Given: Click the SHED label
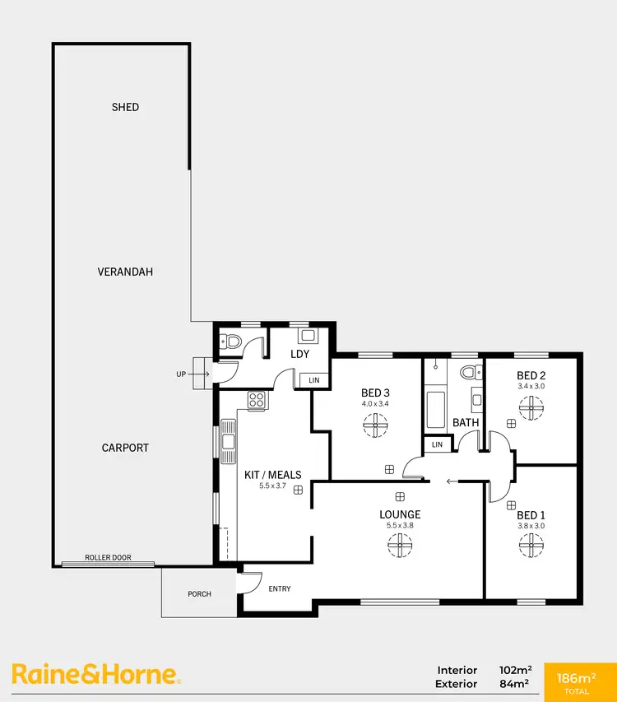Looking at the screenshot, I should click(125, 107).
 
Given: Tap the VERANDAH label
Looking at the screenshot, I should click(125, 272).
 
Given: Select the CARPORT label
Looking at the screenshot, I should click(125, 448).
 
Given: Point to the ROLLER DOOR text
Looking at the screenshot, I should click(109, 558).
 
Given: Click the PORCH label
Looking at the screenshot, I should click(199, 593).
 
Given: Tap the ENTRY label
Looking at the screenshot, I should click(280, 588).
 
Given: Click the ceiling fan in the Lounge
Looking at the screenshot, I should click(401, 544).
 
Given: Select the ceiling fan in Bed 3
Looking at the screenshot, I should click(375, 424).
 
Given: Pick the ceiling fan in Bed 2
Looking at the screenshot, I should click(531, 407).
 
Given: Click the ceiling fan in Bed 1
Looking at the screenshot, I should click(531, 544).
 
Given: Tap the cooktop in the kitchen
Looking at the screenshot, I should click(256, 402).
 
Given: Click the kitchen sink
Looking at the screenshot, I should click(229, 440).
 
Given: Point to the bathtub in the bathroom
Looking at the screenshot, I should click(435, 407).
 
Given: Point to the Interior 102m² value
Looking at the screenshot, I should click(513, 670).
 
